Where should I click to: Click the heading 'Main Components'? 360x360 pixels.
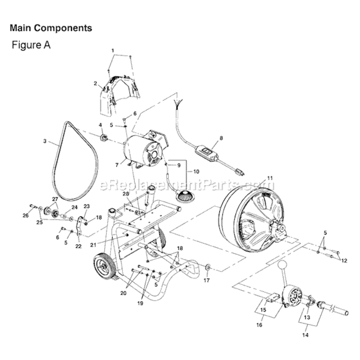pyautogui.click(x=51, y=28)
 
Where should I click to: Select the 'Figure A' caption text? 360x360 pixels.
pyautogui.click(x=31, y=45)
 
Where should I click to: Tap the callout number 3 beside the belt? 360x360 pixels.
pyautogui.click(x=45, y=141)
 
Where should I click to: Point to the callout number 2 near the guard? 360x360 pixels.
pyautogui.click(x=95, y=83)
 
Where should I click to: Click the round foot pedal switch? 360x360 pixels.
pyautogui.click(x=184, y=196)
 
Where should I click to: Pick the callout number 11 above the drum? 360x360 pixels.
pyautogui.click(x=270, y=178)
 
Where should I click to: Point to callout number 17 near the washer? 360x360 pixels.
pyautogui.click(x=206, y=279)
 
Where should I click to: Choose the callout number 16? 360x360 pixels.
pyautogui.click(x=260, y=325)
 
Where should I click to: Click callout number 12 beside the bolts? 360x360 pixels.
pyautogui.click(x=344, y=261)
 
